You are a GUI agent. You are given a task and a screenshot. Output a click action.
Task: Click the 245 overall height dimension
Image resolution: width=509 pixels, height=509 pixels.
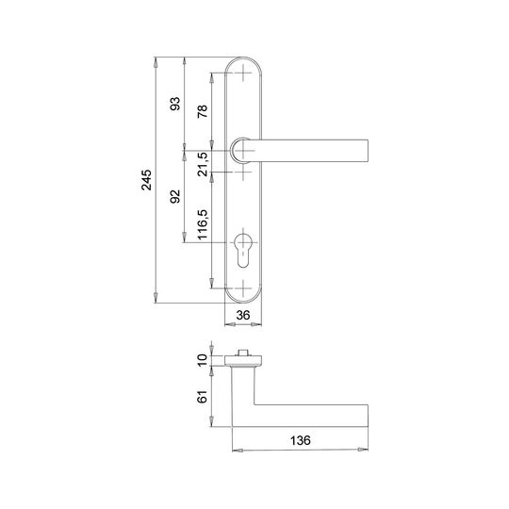[x=147, y=180]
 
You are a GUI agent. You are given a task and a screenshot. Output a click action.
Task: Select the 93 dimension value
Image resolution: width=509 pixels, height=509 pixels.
[x=175, y=104]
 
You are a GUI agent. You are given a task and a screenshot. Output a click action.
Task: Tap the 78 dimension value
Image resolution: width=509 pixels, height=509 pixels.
[x=203, y=111]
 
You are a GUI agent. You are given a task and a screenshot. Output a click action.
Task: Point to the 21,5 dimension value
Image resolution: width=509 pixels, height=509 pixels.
[x=203, y=164]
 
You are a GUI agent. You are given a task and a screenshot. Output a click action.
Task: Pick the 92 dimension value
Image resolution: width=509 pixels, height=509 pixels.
[x=175, y=197]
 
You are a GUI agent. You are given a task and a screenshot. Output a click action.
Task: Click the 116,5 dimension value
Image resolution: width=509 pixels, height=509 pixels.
[x=203, y=224]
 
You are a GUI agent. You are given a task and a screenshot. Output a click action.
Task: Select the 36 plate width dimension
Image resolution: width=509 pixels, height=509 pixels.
[x=243, y=315]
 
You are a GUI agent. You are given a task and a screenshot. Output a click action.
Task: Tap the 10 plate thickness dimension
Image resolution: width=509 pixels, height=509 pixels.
[x=203, y=360]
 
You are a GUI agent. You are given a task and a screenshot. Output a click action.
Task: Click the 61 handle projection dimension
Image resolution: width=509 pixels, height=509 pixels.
[x=203, y=397]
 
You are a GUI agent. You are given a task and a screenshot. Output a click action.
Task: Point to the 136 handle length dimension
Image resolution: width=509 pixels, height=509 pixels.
[x=301, y=440]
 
